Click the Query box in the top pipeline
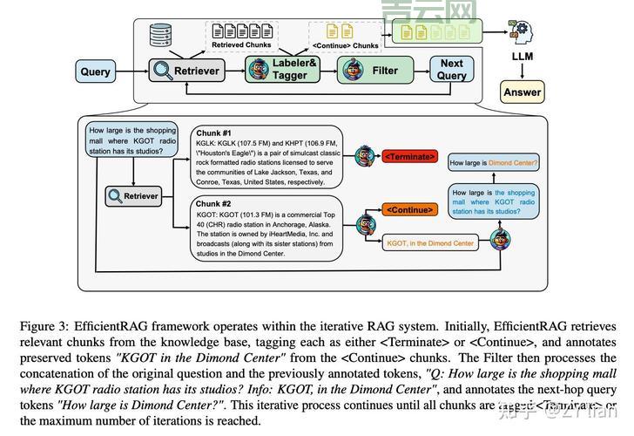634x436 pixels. [96, 71]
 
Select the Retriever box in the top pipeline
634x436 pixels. [185, 71]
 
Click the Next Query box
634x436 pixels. [451, 70]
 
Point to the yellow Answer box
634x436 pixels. [522, 92]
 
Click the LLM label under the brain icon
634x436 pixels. [522, 56]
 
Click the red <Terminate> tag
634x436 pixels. [408, 156]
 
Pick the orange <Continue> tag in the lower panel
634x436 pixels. [408, 210]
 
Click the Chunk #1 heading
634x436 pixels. [214, 133]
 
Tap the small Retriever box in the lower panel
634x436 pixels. [133, 196]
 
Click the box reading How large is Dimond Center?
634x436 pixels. [493, 162]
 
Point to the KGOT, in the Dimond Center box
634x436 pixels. [430, 243]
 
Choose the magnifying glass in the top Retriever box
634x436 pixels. [163, 71]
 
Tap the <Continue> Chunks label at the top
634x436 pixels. [345, 45]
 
